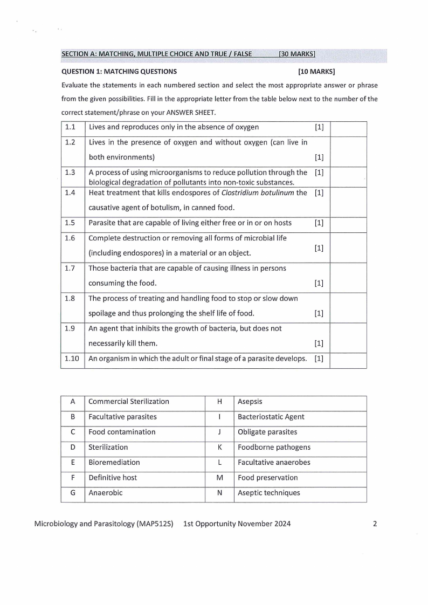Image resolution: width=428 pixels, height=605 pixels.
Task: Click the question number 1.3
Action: (70, 173)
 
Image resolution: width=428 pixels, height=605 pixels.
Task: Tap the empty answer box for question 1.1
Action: (348, 128)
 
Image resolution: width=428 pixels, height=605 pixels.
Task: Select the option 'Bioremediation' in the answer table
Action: (114, 462)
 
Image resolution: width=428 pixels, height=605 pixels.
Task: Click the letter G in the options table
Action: (72, 492)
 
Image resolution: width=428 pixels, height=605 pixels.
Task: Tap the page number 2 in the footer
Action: (375, 524)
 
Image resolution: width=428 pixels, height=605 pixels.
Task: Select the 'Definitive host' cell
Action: (113, 477)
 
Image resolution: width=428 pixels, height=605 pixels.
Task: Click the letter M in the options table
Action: (219, 477)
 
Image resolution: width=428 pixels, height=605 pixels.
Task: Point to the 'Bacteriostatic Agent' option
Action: (271, 417)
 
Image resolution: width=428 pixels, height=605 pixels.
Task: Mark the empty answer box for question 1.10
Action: (348, 360)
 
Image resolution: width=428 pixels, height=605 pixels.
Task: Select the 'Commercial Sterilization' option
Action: (128, 401)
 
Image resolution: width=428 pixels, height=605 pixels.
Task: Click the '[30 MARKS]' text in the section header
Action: (297, 54)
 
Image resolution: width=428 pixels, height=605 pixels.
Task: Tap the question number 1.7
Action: (70, 268)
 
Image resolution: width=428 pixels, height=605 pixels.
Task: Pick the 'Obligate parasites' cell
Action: (267, 432)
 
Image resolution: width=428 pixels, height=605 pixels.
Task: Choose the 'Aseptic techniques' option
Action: (268, 492)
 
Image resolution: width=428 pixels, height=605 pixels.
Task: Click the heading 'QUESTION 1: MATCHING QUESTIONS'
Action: (119, 71)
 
